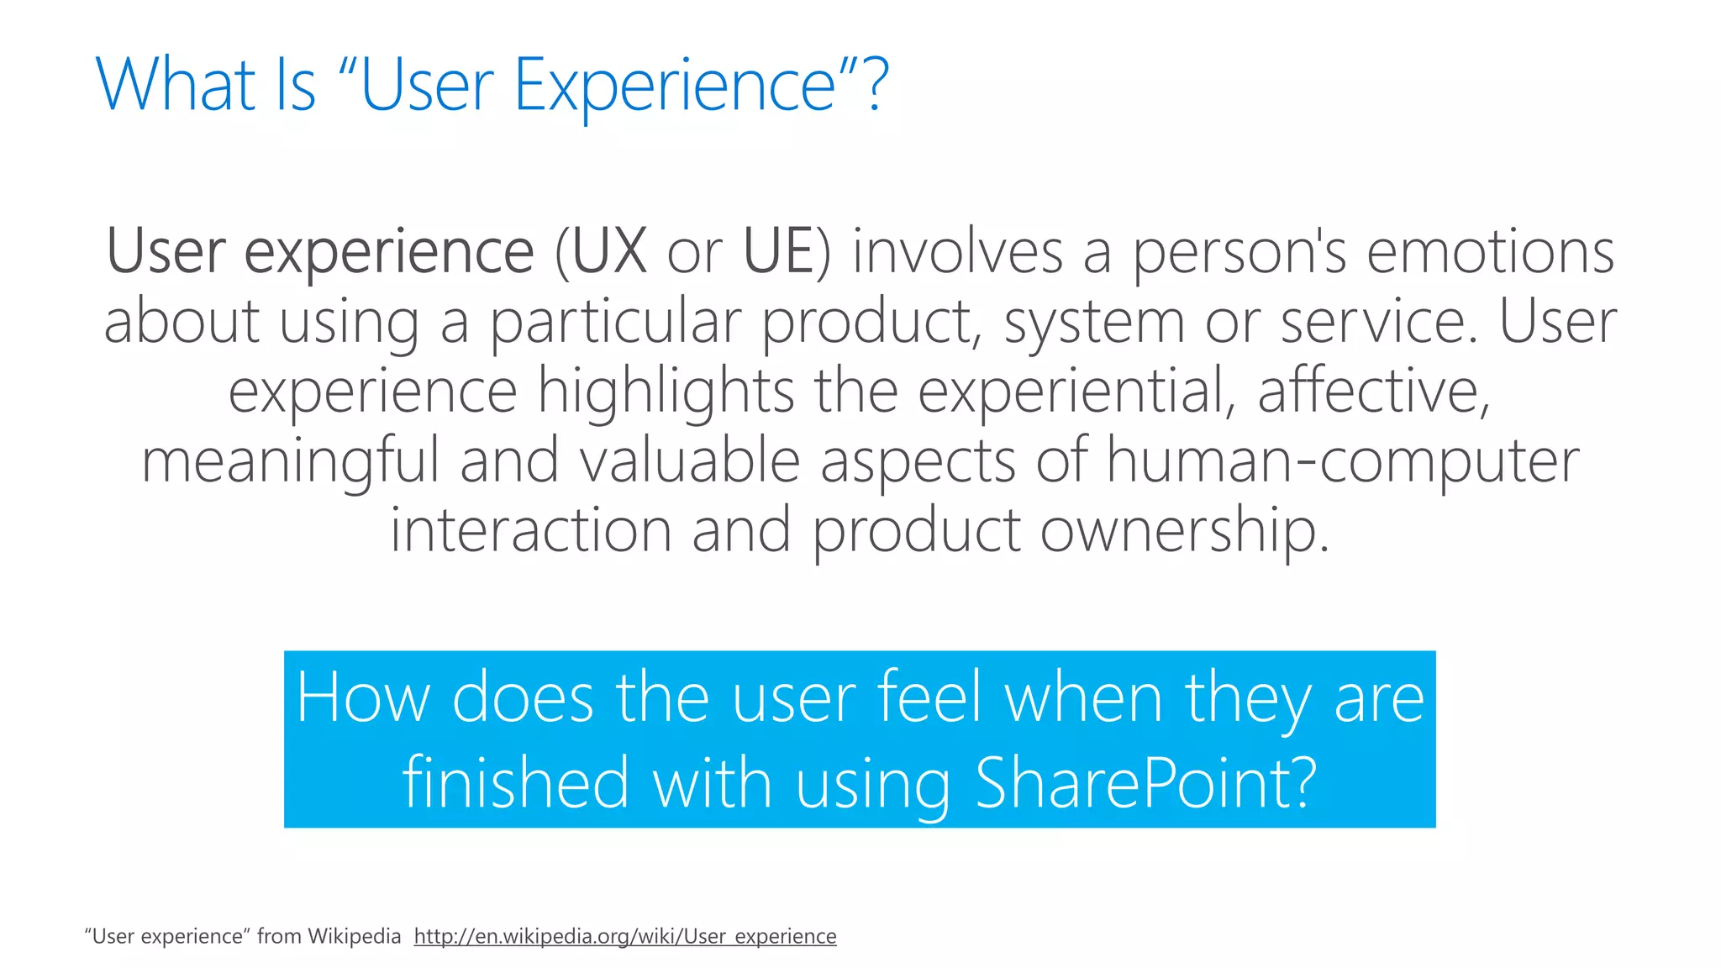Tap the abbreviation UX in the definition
coord(609,251)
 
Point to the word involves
coord(957,251)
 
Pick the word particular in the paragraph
coord(616,322)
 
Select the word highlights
coord(666,392)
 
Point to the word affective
coord(1373,392)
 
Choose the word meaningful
coord(290,461)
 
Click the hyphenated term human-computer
coord(1342,461)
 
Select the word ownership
coord(1184,531)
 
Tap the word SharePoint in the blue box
coord(1145,783)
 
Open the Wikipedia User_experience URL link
coord(625,936)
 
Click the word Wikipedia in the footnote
coord(354,936)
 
